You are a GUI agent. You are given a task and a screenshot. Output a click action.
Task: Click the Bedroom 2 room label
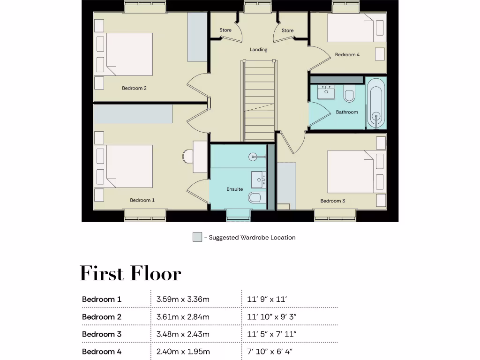tap(135, 88)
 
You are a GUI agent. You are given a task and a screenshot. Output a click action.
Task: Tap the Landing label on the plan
tap(258, 50)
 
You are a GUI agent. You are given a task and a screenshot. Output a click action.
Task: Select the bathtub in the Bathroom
tap(376, 104)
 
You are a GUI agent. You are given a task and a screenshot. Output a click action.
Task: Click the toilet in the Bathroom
tap(349, 94)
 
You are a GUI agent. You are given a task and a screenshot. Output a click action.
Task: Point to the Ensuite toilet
tap(255, 198)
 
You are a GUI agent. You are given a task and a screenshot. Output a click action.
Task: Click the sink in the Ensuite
tap(258, 179)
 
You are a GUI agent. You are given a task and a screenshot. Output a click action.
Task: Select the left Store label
tap(225, 30)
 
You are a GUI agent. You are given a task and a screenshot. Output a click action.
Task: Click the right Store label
tap(287, 31)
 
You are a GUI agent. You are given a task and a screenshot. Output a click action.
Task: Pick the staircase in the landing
tap(258, 101)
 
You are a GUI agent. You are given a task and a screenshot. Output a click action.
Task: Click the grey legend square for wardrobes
tap(197, 237)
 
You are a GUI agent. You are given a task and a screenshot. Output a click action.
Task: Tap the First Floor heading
tap(130, 273)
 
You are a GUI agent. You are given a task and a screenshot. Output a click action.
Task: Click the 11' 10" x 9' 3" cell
tap(272, 317)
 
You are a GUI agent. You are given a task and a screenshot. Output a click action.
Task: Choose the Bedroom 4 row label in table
tap(102, 352)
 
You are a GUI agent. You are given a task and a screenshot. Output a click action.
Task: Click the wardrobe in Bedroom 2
tap(197, 37)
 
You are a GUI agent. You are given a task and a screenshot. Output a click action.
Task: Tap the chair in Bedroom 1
tap(187, 156)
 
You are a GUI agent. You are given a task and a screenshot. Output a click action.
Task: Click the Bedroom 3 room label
tap(332, 201)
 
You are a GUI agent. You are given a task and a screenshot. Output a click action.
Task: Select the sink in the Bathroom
tap(326, 92)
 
